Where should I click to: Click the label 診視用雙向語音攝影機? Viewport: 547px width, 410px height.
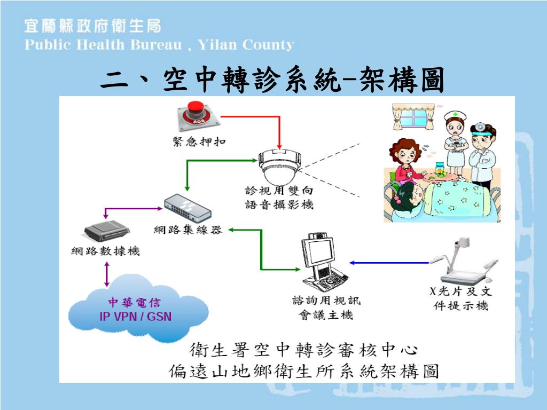click(279, 198)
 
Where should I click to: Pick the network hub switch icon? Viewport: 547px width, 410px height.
click(187, 209)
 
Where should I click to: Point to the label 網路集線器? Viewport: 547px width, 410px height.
click(187, 230)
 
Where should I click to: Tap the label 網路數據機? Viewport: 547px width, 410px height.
click(106, 251)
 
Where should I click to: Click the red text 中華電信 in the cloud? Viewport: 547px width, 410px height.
click(136, 303)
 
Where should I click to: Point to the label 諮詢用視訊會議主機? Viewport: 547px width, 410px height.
click(326, 308)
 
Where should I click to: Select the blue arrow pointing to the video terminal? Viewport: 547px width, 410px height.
click(389, 263)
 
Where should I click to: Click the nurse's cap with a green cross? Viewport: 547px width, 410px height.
click(455, 115)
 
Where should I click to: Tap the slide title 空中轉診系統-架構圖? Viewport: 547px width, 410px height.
click(272, 82)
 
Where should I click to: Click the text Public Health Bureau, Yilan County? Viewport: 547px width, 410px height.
click(159, 45)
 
